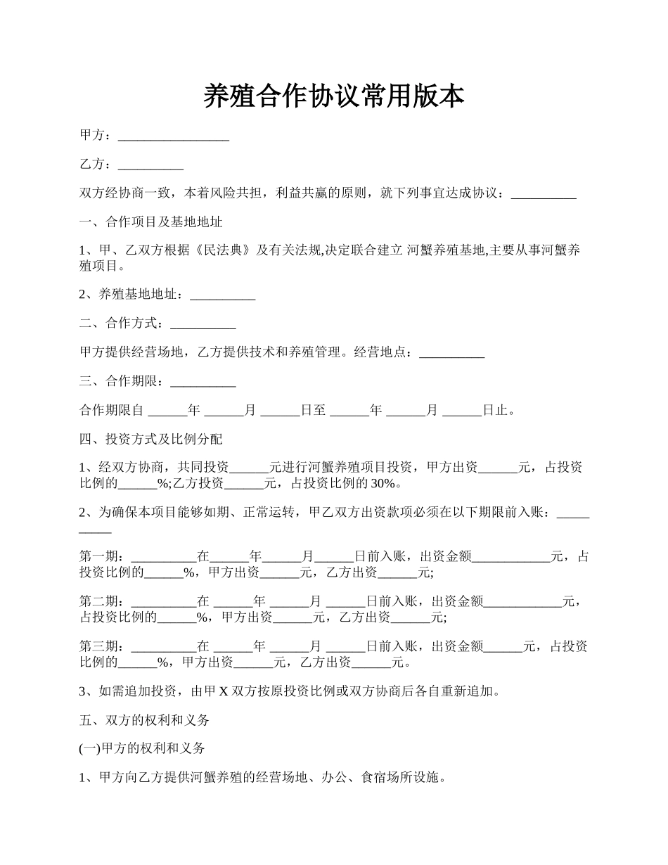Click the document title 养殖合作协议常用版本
333,96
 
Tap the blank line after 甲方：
174,136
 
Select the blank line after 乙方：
150,165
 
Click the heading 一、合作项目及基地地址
151,222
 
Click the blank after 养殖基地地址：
222,295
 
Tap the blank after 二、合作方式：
203,323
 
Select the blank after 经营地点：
451,352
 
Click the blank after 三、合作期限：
203,382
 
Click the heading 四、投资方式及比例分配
151,440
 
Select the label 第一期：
105,557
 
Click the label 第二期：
105,601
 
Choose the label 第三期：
105,646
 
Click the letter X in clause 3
223,691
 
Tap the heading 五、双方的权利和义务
144,720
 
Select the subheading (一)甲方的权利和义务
142,749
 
